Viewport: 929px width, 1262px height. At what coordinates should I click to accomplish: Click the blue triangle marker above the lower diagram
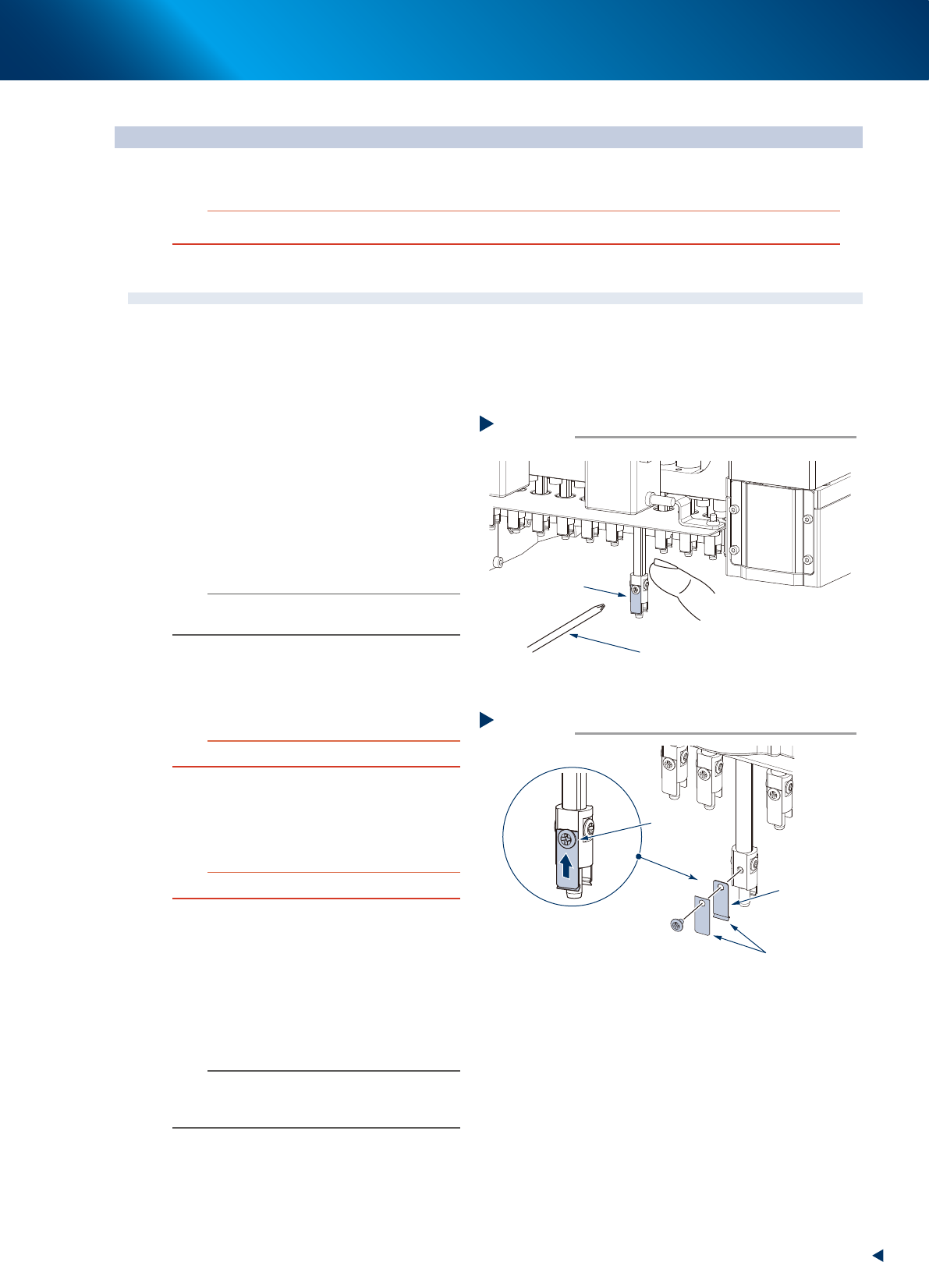tap(486, 720)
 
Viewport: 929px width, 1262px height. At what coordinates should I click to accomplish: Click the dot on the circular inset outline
tap(638, 856)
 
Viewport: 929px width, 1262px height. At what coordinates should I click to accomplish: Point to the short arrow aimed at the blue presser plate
tap(605, 590)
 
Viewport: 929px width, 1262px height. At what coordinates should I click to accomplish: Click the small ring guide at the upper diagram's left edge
tap(496, 562)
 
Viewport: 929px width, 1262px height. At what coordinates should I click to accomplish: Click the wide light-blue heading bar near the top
tap(488, 137)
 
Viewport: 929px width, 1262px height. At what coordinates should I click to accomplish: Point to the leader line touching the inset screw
tap(616, 831)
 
